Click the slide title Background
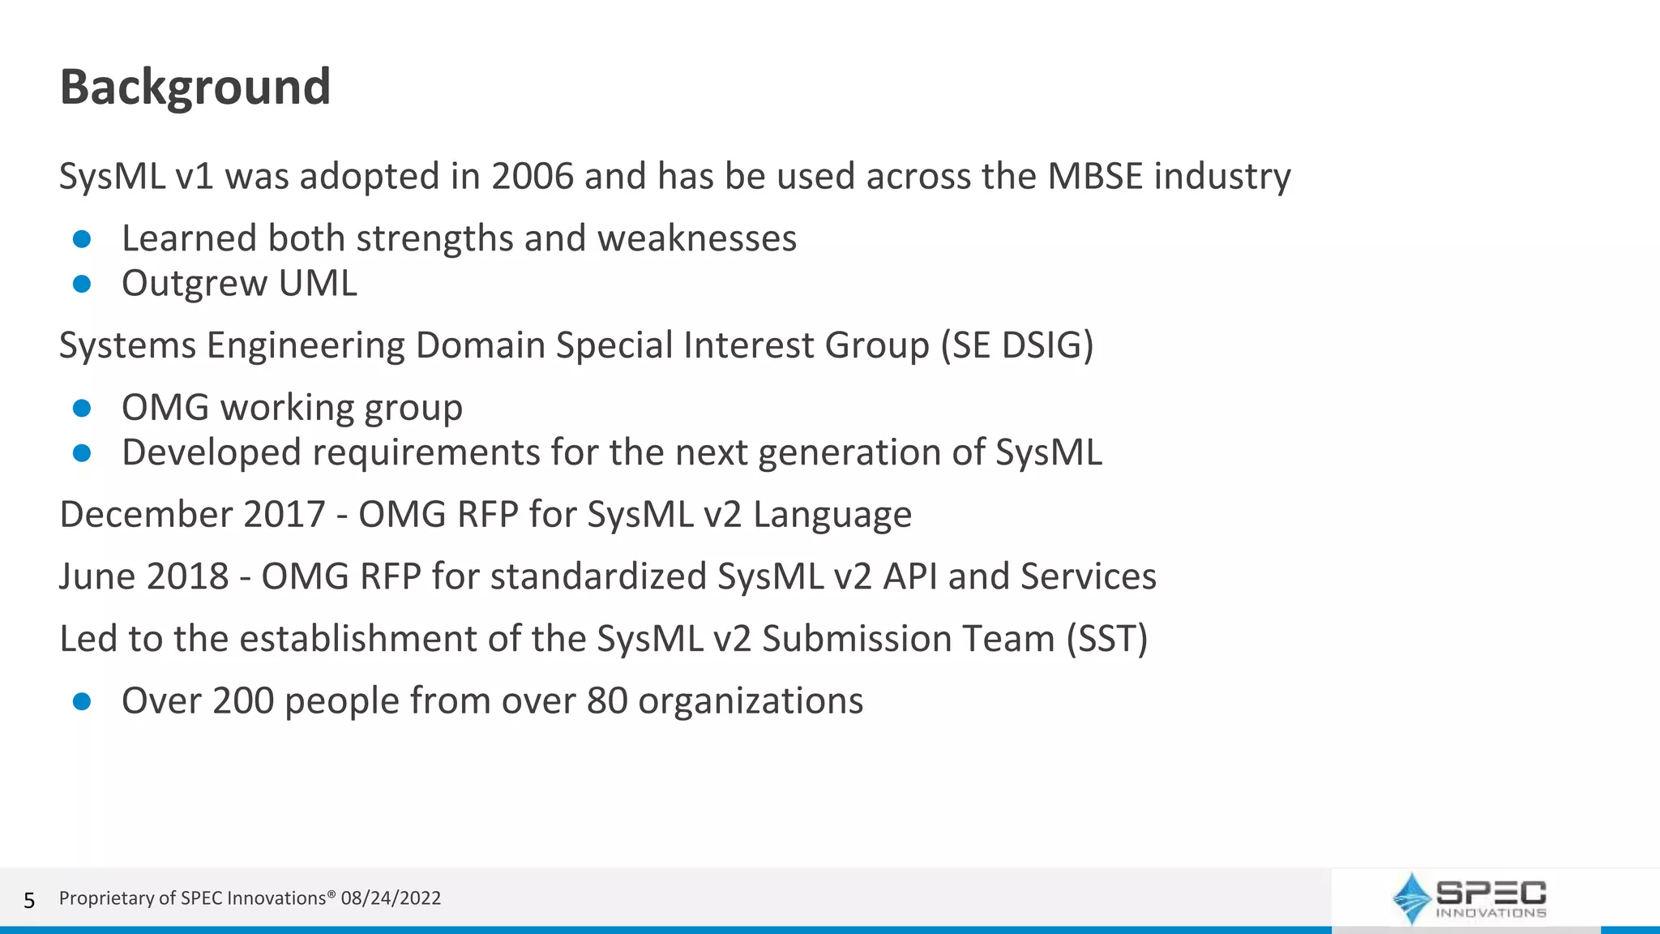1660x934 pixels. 195,87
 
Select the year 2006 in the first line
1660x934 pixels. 532,176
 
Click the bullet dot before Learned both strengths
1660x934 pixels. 82,239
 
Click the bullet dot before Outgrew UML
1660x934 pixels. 82,284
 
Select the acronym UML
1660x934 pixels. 317,283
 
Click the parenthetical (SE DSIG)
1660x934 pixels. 1017,345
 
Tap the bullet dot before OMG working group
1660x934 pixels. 82,408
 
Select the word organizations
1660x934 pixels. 751,701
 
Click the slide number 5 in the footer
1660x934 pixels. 29,900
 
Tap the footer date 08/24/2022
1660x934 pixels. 391,898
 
